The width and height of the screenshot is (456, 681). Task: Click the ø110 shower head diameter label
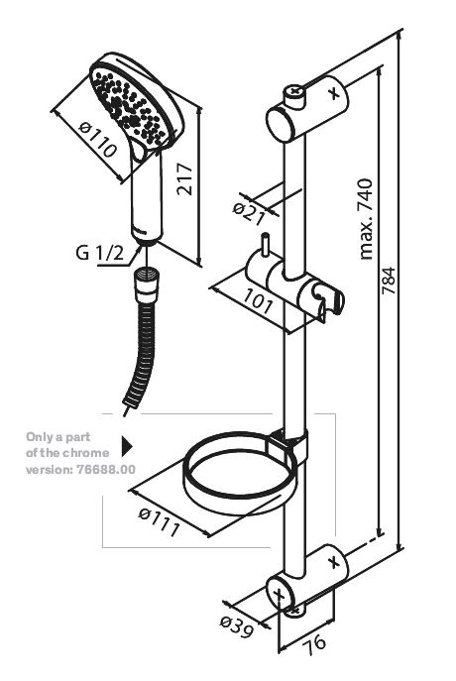98,139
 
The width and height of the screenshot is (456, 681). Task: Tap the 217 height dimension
185,178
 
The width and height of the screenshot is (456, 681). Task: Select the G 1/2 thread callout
99,252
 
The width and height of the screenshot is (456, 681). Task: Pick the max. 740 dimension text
366,219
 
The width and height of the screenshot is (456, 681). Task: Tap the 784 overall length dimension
389,281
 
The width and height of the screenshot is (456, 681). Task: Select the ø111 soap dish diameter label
160,521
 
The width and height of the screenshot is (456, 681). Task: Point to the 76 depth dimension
314,642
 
